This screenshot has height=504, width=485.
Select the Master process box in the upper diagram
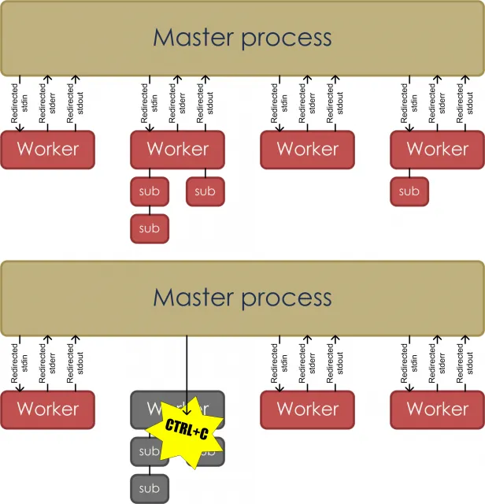(242, 38)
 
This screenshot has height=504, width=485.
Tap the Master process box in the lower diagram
(242, 298)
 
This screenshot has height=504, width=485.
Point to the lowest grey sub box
(149, 488)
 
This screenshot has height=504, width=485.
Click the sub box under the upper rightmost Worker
(409, 191)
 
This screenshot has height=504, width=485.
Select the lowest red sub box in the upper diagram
(149, 228)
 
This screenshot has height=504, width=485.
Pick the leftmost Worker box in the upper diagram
(47, 149)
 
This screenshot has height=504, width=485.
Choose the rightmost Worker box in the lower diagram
(437, 409)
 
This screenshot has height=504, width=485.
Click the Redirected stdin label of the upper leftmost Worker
(20, 103)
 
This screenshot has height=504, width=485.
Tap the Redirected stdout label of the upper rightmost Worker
(465, 103)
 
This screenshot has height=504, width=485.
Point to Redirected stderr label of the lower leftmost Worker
(47, 363)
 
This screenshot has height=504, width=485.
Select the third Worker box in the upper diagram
(307, 149)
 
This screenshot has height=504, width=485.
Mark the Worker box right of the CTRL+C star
(307, 409)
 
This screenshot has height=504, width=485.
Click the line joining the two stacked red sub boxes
(149, 209)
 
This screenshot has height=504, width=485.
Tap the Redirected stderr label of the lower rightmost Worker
(433, 363)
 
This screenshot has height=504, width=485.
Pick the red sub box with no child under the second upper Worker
(205, 191)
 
